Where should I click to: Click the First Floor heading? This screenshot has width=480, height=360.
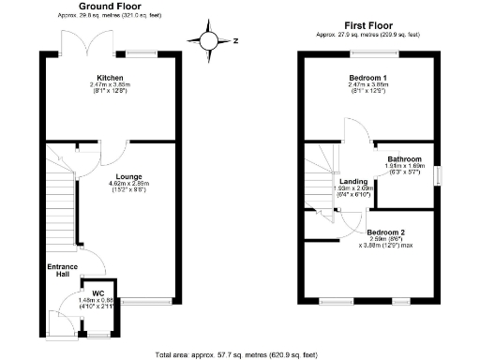coord(367,25)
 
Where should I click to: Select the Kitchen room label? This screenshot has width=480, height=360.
coord(111,78)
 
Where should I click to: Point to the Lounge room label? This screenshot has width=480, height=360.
coord(128,175)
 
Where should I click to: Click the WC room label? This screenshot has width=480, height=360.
coord(97,293)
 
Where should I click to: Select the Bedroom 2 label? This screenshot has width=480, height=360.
coord(385,232)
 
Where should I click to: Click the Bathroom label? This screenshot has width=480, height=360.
coord(405,159)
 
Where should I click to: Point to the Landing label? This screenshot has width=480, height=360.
coord(353,181)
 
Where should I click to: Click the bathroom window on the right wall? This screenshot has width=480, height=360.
coord(437,174)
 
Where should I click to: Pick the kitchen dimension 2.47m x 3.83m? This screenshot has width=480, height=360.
coord(111,85)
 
